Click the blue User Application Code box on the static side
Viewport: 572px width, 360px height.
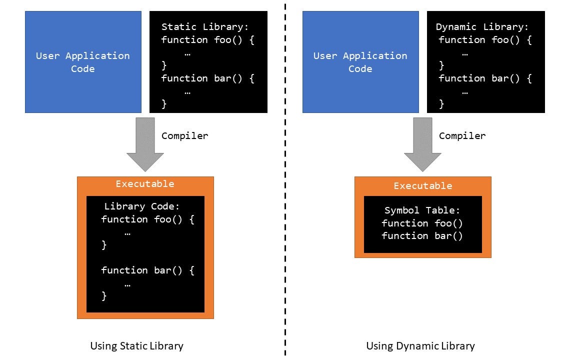83,62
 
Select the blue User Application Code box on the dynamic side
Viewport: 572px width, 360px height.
360,62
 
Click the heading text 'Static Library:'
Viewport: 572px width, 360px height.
205,27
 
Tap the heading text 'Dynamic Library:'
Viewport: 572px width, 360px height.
482,27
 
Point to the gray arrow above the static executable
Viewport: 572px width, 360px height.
145,142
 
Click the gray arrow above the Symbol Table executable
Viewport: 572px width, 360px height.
422,142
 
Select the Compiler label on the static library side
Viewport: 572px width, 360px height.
184,136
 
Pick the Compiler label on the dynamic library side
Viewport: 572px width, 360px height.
462,136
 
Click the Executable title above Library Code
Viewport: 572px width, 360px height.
145,184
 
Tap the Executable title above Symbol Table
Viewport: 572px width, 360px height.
422,186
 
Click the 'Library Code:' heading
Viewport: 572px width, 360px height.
141,206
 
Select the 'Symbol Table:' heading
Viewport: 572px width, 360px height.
422,210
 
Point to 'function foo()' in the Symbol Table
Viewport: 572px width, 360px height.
422,223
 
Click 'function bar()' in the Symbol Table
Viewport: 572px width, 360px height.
422,236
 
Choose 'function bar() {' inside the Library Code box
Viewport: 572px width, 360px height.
147,270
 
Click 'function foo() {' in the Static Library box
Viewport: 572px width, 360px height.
208,40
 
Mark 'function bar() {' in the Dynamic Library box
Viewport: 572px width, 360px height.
485,78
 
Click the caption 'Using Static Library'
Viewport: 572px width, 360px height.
136,346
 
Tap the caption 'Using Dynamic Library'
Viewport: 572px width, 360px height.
420,346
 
